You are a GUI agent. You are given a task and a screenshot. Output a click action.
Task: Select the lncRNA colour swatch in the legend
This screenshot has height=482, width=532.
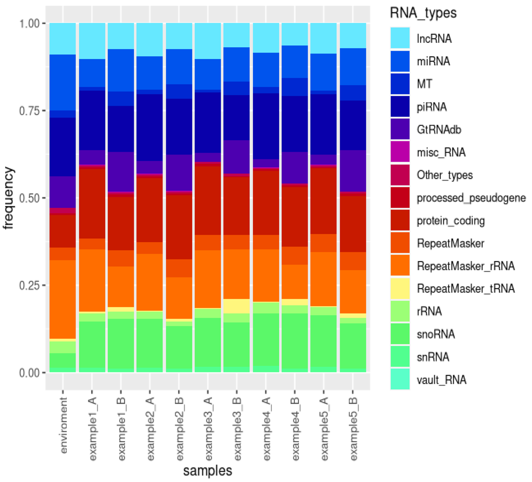400,38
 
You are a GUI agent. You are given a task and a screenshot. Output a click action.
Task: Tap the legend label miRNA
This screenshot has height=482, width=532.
433,61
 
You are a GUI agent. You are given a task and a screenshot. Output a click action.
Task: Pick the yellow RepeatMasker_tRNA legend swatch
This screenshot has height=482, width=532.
400,288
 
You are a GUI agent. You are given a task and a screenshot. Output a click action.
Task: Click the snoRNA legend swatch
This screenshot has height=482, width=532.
400,334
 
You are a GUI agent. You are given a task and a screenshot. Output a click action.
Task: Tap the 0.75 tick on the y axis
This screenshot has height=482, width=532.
29,111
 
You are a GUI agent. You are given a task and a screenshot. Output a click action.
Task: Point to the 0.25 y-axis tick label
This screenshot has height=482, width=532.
29,286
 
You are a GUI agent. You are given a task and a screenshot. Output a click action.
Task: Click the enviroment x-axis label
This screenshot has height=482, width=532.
63,425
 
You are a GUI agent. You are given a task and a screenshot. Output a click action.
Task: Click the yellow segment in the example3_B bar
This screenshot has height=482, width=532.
237,306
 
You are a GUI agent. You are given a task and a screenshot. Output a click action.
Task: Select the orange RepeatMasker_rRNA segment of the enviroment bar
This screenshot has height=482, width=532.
63,299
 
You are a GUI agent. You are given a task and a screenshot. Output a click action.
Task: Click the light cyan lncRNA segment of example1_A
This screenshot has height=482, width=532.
92,41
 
